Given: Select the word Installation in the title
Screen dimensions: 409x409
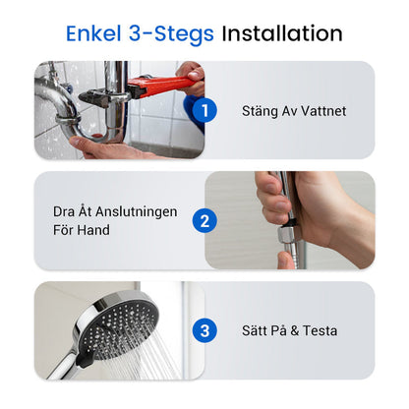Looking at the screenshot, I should coord(281,33).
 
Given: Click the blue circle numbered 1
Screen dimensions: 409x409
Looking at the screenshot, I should coord(204,110).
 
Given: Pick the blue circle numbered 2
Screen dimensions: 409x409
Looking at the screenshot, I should coord(204,220).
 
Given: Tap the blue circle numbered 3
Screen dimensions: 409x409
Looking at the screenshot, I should coord(204,330).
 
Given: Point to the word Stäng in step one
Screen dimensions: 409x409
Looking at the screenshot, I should coord(260,111).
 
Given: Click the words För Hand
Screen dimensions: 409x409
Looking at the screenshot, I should coord(82,230).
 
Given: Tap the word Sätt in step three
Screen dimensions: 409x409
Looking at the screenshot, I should coord(259,331).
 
